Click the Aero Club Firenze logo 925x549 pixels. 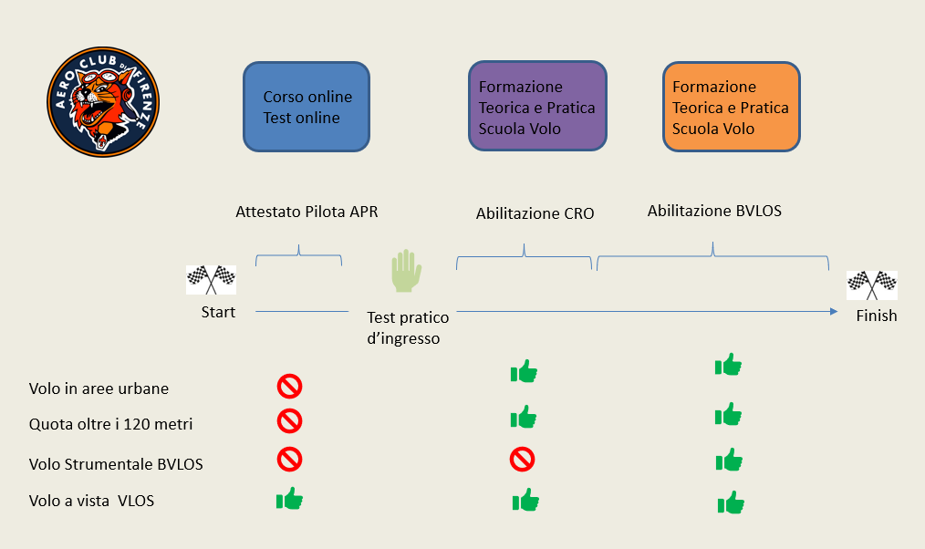coord(103,102)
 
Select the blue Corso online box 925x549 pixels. coord(307,107)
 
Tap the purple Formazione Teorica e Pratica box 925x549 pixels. coord(537,106)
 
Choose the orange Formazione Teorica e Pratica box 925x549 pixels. coord(732,107)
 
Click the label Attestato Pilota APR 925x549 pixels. coord(307,212)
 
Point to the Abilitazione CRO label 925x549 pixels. coord(535,213)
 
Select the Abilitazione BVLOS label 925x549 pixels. coord(714,211)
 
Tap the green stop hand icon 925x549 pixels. coord(407,271)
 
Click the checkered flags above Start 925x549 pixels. coord(212,279)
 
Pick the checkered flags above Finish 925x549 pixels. coord(872,285)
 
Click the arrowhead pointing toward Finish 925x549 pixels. coord(834,311)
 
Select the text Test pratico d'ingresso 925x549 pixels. coord(408,328)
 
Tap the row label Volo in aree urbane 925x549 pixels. coord(99,388)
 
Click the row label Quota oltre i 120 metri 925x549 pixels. coord(111,424)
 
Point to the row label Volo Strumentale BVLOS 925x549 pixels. coord(116,464)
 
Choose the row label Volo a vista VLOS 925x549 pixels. coord(91,501)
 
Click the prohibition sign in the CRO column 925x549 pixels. coord(522,460)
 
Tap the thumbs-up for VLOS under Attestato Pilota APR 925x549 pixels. coord(290,499)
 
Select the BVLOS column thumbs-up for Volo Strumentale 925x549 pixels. coord(729,460)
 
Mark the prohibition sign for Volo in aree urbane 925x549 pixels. coord(290,387)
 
